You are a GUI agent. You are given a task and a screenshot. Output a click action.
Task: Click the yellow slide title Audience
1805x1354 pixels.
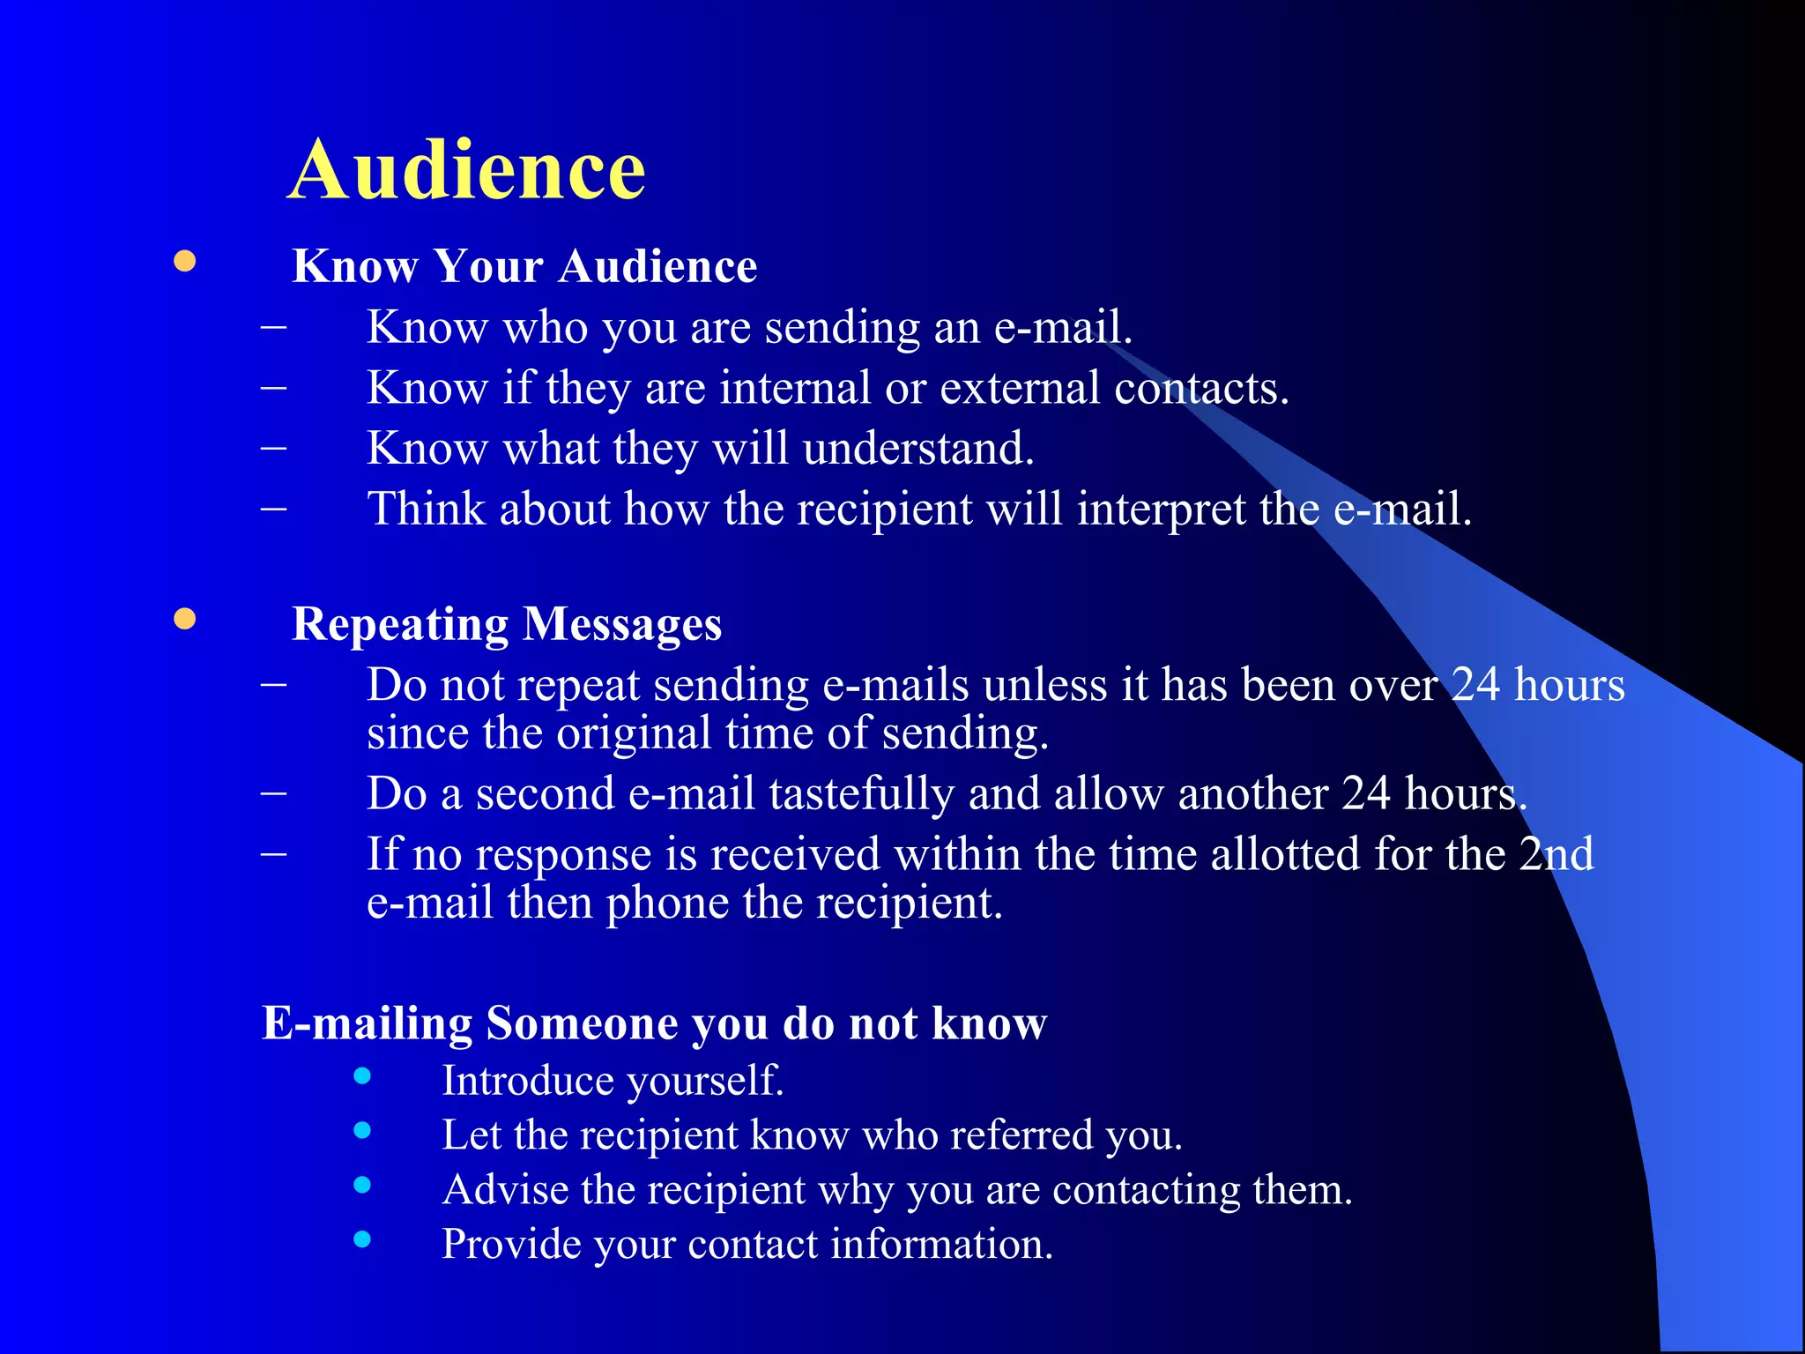[x=466, y=170]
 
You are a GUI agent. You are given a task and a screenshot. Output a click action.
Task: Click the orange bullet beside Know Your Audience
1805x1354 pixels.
[x=184, y=262]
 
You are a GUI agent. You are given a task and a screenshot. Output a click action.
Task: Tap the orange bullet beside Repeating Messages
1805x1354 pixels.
[x=184, y=620]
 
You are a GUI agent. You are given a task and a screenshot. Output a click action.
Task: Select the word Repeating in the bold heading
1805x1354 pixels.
[x=400, y=625]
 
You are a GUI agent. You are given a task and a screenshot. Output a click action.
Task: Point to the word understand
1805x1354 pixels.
[x=917, y=449]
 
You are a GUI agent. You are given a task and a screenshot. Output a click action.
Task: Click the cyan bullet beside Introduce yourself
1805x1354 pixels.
[x=362, y=1075]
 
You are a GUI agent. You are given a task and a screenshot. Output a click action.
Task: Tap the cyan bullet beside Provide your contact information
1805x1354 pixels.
[x=362, y=1239]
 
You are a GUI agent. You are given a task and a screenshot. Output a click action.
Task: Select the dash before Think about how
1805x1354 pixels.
[x=274, y=510]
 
